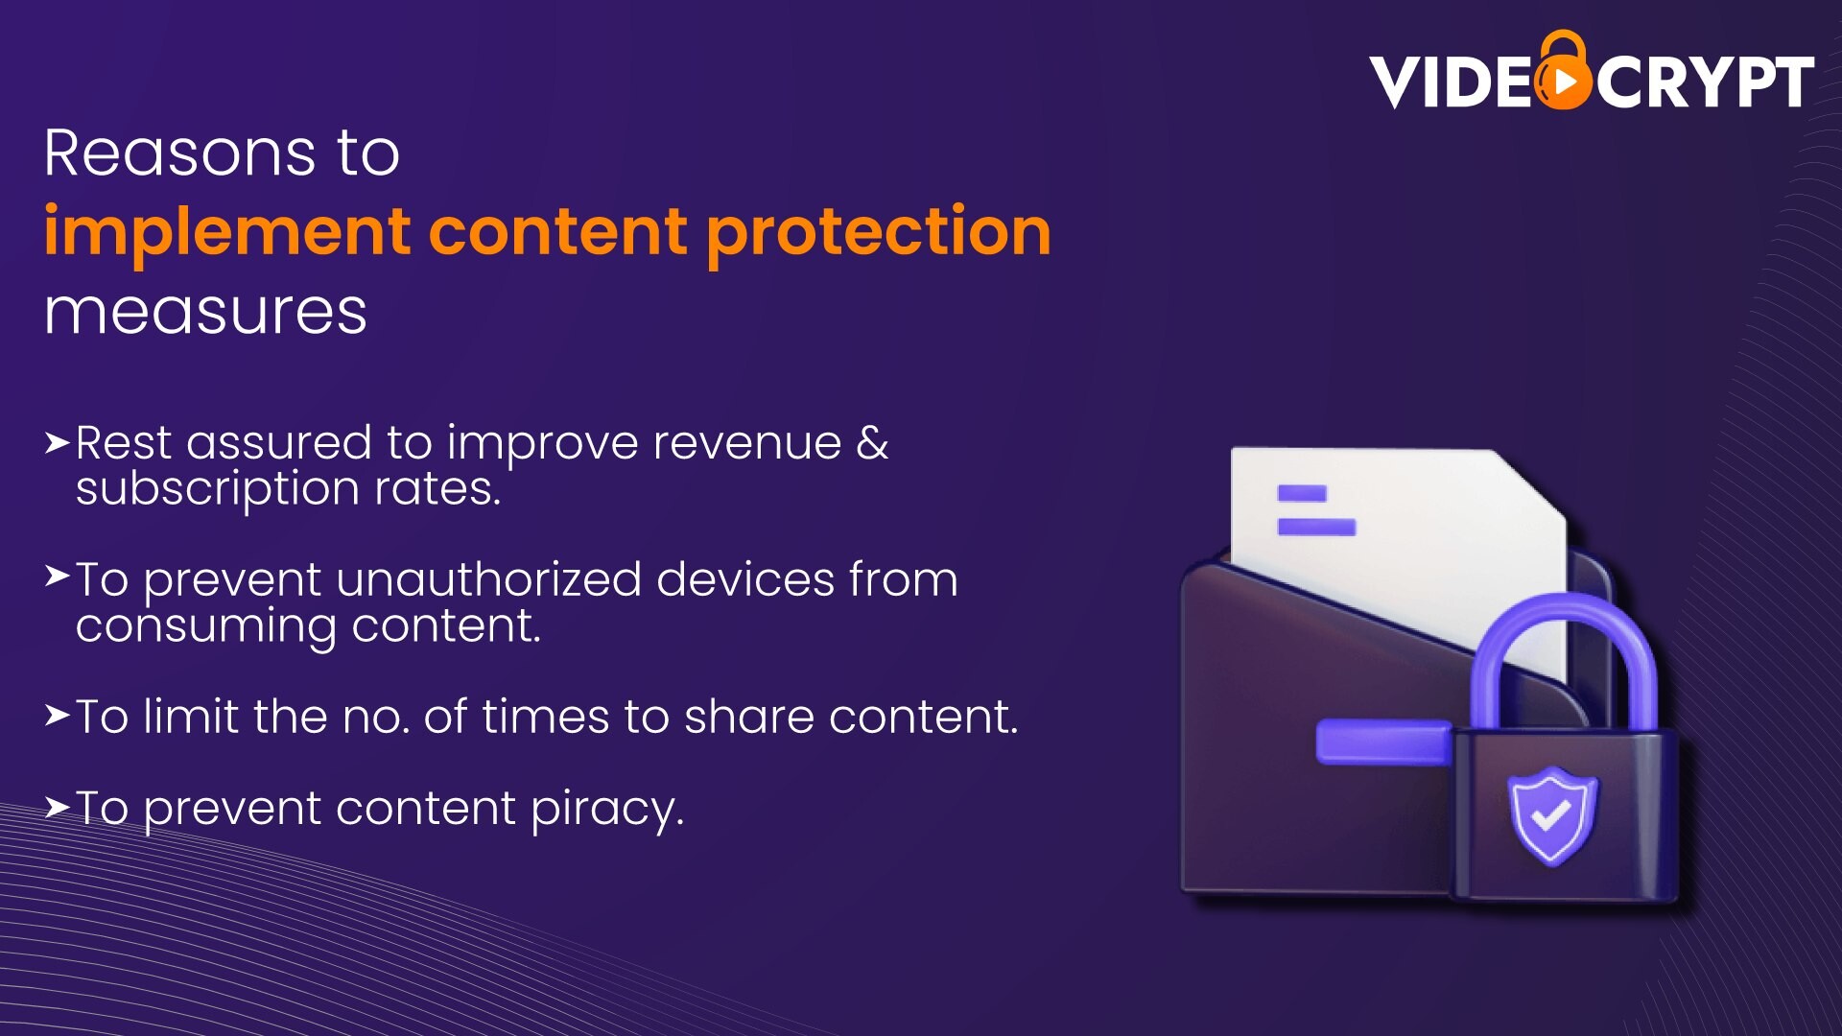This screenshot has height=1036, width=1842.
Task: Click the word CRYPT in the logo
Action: (1705, 82)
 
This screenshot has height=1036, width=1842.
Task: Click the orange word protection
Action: (879, 233)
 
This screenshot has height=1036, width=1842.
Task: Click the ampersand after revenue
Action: (872, 442)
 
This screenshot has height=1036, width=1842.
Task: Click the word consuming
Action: (206, 627)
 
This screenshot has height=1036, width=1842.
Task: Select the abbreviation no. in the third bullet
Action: (376, 718)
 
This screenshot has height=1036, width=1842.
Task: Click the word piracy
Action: (607, 810)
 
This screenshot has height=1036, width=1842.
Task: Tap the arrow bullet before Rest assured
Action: (58, 442)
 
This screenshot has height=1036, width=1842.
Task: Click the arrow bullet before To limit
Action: (58, 716)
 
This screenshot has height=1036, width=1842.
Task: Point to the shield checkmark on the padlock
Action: (1551, 815)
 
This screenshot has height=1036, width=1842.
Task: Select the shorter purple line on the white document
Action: (1302, 493)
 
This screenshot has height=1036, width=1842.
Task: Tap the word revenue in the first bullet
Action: (747, 443)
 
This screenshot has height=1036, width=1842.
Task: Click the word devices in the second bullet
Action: (745, 579)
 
